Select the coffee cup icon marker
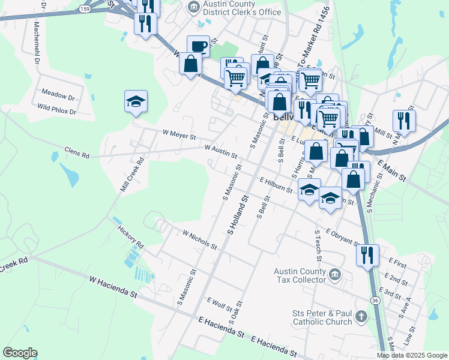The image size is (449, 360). [x=197, y=47]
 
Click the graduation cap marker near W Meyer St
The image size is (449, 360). [x=136, y=102]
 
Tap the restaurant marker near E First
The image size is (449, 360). [x=367, y=255]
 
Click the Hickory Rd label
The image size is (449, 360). [x=131, y=238]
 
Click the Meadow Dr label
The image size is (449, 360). [x=58, y=96]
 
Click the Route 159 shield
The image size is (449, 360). [x=86, y=10]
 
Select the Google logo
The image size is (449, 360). [x=20, y=353]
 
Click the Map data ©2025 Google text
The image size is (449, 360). [x=412, y=355]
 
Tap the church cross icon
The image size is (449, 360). [x=361, y=316]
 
